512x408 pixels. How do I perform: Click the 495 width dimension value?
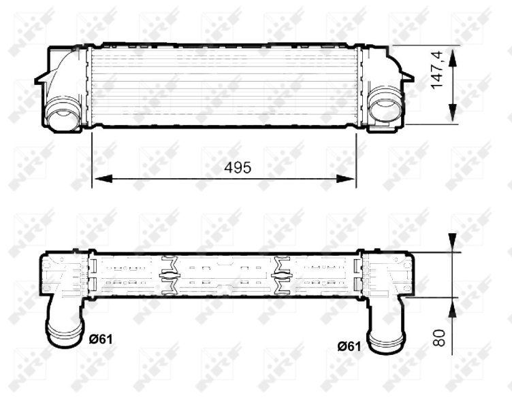click(238, 167)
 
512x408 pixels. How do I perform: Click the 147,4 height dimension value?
click(437, 70)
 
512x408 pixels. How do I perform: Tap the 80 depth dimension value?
click(439, 338)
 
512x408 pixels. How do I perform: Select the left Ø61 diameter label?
click(101, 339)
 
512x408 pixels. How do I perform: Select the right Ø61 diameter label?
click(349, 346)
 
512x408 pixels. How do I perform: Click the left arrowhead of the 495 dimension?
click(103, 179)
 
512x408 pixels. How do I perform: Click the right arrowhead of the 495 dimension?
click(346, 179)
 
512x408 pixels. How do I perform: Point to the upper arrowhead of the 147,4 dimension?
click(452, 58)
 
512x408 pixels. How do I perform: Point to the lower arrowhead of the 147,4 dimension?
click(452, 112)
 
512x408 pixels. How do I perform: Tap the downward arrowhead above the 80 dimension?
click(452, 243)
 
